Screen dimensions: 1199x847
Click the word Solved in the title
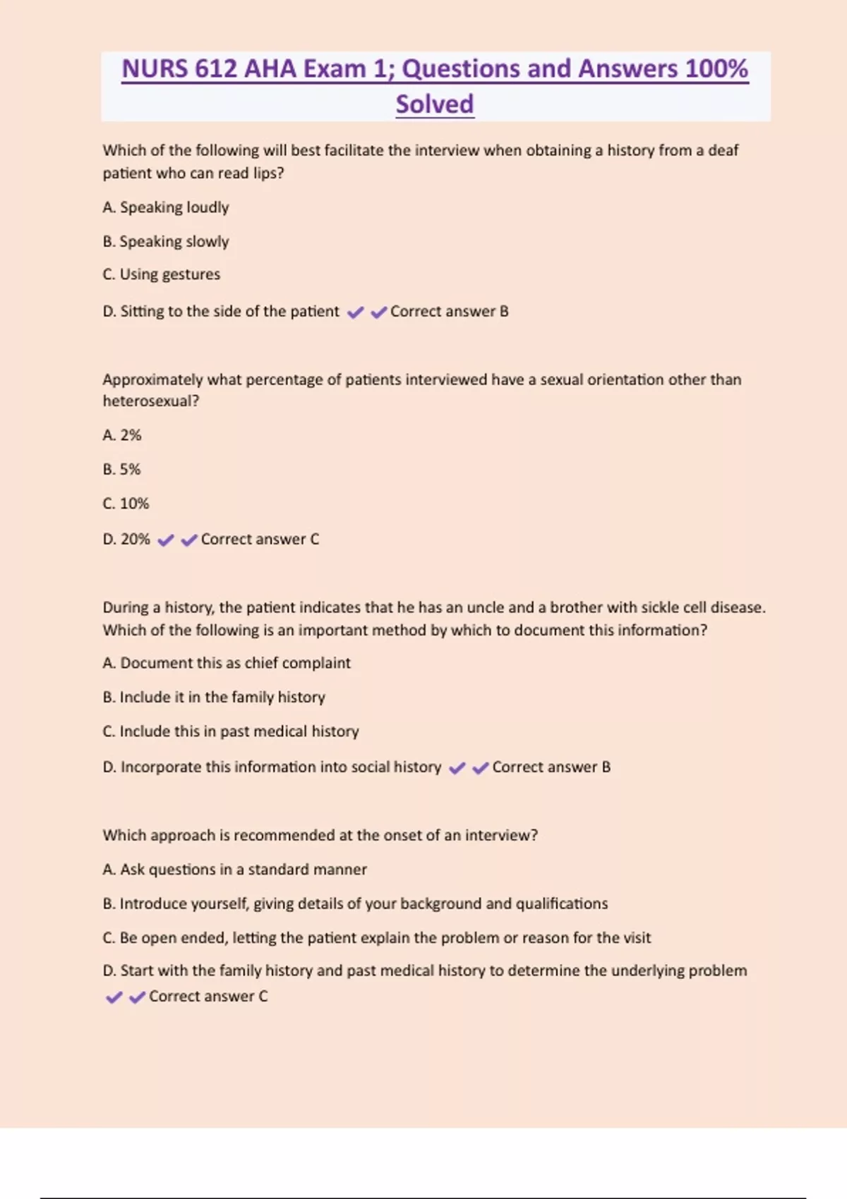point(434,104)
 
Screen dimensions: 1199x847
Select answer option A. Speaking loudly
point(166,207)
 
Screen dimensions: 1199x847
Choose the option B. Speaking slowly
point(166,241)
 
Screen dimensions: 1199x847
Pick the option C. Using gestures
point(162,274)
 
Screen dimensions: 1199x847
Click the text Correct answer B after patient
point(449,311)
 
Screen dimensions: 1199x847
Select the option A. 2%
point(122,435)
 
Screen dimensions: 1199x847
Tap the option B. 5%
point(122,469)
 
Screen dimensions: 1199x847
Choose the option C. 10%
point(126,504)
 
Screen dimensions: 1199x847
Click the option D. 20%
point(126,539)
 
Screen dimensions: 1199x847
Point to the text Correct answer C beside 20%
point(260,539)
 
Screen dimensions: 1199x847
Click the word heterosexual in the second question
point(148,401)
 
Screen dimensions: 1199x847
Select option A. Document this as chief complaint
point(227,663)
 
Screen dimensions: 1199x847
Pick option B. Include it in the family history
point(214,697)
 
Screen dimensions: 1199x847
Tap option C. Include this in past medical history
point(231,731)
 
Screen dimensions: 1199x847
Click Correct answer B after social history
point(551,767)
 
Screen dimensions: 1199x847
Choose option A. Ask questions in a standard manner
point(235,870)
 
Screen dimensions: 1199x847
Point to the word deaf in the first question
point(723,150)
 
